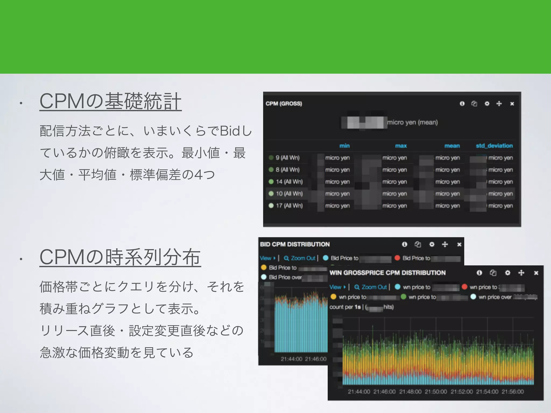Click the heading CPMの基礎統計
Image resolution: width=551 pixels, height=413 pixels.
click(110, 101)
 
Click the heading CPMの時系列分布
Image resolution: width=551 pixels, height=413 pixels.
click(120, 257)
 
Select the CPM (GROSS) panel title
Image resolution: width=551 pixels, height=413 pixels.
click(284, 104)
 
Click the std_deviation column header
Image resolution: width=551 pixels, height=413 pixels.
click(494, 146)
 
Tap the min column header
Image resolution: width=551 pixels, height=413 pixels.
click(344, 146)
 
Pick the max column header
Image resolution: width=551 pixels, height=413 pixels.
click(401, 146)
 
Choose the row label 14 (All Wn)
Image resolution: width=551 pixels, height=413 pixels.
click(289, 182)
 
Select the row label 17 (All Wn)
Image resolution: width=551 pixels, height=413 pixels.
click(289, 206)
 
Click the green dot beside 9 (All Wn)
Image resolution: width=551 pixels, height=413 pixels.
click(271, 158)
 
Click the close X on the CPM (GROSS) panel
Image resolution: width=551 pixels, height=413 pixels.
click(512, 104)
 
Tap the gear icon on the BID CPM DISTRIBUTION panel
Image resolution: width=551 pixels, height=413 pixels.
click(432, 244)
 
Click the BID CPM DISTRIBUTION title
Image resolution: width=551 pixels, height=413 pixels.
click(295, 244)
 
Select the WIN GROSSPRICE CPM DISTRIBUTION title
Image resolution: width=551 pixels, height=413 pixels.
click(387, 273)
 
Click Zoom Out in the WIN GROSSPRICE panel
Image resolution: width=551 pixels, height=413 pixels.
click(371, 287)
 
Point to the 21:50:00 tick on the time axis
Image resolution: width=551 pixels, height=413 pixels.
click(436, 392)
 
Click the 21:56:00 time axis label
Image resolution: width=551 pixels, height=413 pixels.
click(513, 392)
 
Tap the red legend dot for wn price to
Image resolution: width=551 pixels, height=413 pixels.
click(464, 287)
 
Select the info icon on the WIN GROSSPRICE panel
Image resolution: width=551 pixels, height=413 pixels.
click(479, 273)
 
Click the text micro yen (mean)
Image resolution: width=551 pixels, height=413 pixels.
click(412, 123)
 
